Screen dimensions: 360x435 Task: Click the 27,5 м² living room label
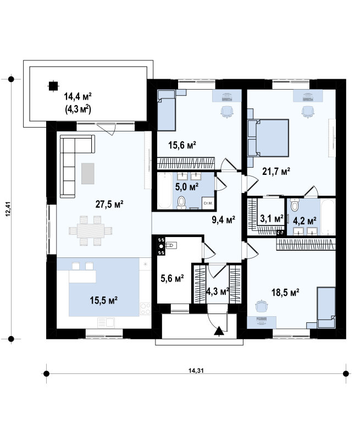pos(109,204)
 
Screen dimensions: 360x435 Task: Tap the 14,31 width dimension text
pos(196,370)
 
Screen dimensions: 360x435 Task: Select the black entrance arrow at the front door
pos(219,331)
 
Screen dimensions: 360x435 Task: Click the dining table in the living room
pos(91,230)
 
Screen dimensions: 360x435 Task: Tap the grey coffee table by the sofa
pos(87,173)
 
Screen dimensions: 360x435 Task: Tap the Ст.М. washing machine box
pos(208,203)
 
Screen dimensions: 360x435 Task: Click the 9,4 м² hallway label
pos(224,220)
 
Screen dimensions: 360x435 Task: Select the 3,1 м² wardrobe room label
pos(272,218)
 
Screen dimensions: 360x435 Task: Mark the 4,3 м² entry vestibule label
pos(218,291)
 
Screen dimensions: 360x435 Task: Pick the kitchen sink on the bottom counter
pos(106,323)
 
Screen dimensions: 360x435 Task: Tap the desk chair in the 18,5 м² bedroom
pos(262,306)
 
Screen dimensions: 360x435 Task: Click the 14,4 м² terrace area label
pos(77,97)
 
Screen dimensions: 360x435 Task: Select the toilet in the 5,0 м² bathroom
pos(181,202)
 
